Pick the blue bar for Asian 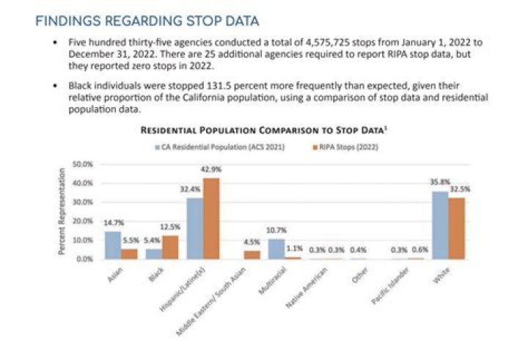112,245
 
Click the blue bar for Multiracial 276,249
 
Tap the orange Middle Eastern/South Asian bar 252,254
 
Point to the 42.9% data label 212,170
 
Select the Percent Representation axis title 62,212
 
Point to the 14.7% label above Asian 112,224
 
